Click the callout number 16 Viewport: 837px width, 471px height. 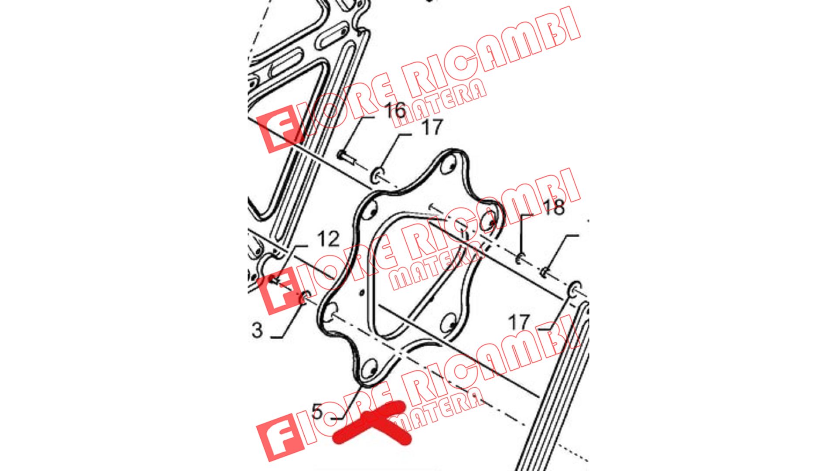pos(395,110)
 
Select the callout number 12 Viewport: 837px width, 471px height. pos(328,239)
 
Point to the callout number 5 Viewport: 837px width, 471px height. pos(317,412)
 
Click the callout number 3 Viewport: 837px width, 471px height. pos(257,330)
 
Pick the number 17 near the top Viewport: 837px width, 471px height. pos(432,128)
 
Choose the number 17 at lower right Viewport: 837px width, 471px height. pos(519,323)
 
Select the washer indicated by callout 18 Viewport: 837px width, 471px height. pos(520,259)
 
